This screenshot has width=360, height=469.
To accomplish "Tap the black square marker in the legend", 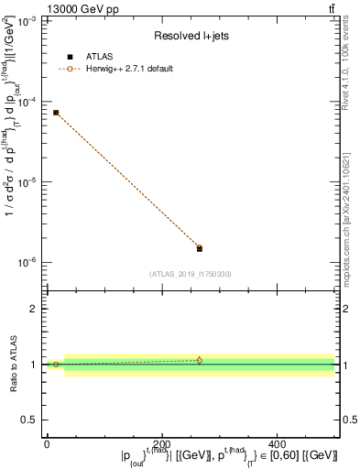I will click(x=70, y=57).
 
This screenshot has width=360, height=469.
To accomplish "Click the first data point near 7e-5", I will click(x=56, y=113).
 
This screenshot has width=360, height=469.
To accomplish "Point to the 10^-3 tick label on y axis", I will click(x=27, y=21).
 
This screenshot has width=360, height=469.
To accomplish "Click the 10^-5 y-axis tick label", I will click(x=27, y=182).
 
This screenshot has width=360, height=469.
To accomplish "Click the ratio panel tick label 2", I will click(x=33, y=310).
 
